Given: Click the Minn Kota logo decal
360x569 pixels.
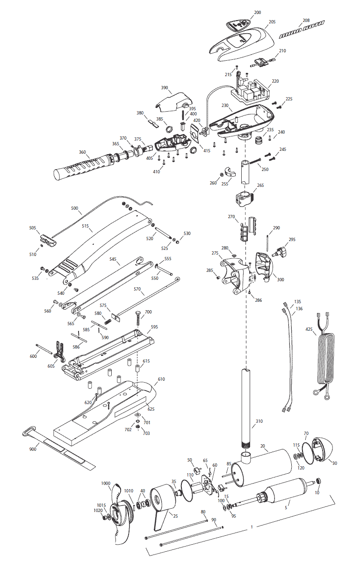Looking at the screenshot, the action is click(302, 30).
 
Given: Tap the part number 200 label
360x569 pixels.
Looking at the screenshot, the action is click(258, 13).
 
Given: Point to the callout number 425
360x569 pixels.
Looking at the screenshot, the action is click(309, 329).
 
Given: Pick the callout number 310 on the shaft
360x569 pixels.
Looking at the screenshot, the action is click(259, 421).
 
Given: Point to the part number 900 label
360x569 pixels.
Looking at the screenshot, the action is click(33, 449).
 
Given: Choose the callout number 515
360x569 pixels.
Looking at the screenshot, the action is click(85, 226).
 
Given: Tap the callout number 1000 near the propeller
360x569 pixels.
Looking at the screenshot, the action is click(106, 483).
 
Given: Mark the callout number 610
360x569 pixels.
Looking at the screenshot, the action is click(161, 379).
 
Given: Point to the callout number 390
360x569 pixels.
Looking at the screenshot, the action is click(165, 88).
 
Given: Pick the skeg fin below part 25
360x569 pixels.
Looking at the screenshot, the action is click(160, 519).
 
